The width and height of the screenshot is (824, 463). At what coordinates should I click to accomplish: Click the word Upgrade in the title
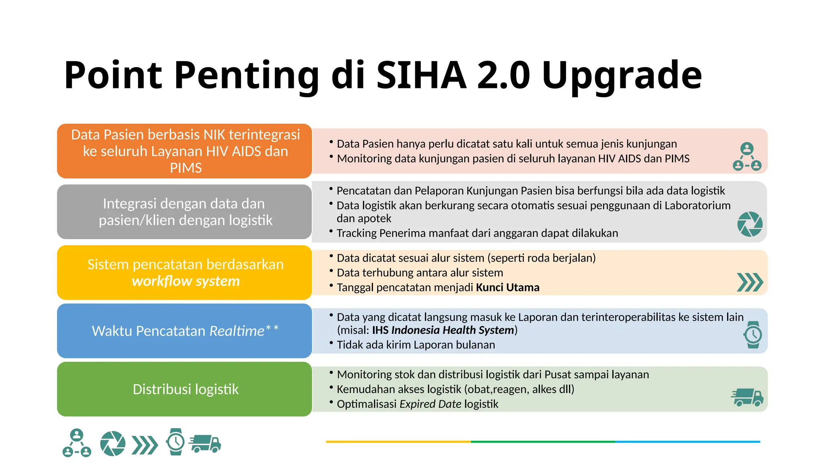tap(622, 75)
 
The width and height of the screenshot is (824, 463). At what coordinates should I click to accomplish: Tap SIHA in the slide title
tap(421, 75)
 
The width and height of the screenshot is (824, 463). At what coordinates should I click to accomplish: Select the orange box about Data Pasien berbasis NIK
tap(185, 151)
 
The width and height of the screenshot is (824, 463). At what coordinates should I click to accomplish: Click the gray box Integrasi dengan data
tap(185, 212)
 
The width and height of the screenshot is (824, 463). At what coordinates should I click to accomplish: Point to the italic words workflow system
tap(185, 281)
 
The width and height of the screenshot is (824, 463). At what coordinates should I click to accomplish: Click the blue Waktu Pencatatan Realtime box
tap(185, 331)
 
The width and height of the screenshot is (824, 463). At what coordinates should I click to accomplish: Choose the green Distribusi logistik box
tap(185, 389)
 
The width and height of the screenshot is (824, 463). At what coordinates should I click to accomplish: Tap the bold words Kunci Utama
tap(507, 287)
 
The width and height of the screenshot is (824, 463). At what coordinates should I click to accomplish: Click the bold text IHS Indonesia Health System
tap(443, 330)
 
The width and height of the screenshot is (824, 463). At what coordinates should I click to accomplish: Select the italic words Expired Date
tap(430, 404)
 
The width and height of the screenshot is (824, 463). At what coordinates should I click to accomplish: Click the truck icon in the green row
tap(747, 397)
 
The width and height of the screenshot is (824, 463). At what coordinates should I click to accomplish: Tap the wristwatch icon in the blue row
tap(753, 334)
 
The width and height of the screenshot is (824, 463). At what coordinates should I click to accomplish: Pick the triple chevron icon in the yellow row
tap(750, 282)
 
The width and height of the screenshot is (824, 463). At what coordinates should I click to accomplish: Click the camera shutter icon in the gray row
tap(750, 224)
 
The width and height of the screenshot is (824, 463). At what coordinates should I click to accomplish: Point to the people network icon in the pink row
tap(747, 157)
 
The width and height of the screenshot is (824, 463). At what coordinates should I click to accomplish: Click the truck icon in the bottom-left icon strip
tap(205, 444)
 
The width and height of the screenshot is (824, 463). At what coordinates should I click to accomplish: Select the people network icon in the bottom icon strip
tap(77, 443)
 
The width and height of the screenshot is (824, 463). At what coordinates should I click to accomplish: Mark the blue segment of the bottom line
tap(687, 442)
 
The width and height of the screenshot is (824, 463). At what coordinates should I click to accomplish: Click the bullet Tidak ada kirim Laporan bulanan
tap(416, 345)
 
